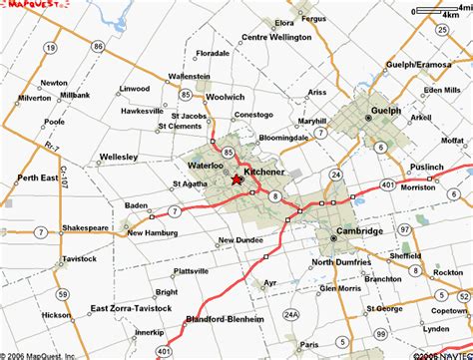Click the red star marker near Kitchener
point(237,180)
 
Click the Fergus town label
point(314,19)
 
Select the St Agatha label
point(190,183)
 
